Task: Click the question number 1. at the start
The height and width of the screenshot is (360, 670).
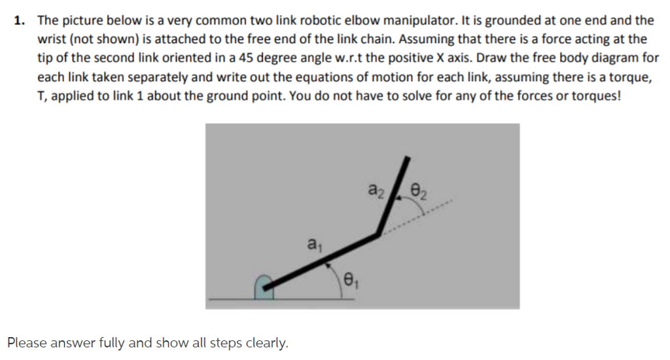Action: pyautogui.click(x=20, y=21)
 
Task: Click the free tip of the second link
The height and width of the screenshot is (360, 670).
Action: pyautogui.click(x=408, y=159)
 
